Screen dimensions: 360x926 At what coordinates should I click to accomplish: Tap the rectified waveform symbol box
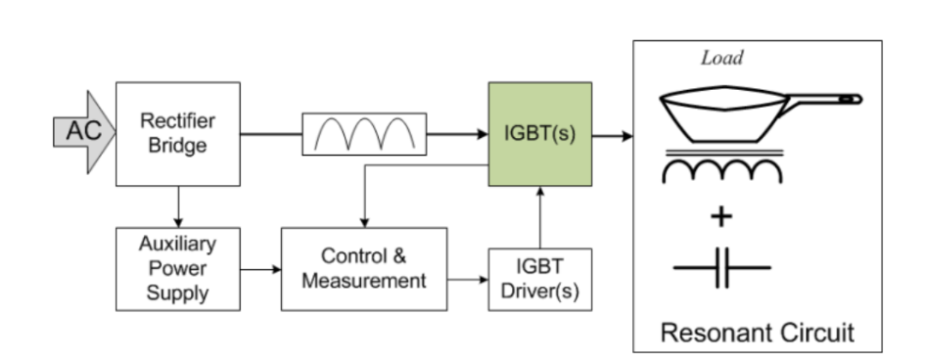tap(364, 134)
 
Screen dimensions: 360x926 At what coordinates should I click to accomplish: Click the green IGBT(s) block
tap(539, 135)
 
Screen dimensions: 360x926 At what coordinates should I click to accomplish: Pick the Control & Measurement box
tap(364, 268)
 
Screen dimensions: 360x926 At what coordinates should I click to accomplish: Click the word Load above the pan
tap(721, 59)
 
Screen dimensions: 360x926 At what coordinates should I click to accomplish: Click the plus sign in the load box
tap(721, 216)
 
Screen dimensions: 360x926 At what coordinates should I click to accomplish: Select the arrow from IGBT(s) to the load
tap(612, 135)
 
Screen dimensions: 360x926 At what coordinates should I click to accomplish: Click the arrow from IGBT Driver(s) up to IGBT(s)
tap(539, 219)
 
